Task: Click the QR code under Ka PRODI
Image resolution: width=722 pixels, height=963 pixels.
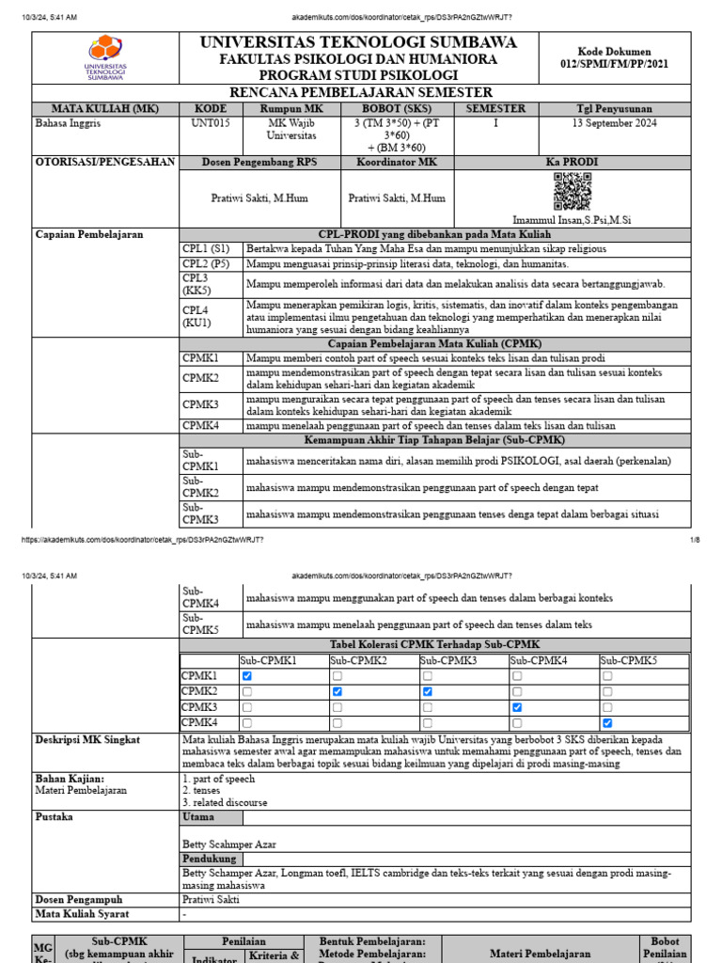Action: (572, 192)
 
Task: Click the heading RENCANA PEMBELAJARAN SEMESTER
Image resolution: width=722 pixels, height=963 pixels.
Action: (361, 93)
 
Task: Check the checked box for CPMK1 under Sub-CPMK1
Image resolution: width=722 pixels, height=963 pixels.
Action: (246, 676)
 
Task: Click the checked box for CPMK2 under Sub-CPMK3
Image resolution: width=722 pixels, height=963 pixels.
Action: (428, 691)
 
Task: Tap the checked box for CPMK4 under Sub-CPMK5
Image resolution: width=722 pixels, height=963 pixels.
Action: (607, 722)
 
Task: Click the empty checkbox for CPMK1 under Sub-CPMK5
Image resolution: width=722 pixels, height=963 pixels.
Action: (607, 676)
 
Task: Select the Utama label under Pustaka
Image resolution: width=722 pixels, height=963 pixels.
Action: (198, 818)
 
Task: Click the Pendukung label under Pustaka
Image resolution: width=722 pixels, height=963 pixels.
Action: (209, 859)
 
